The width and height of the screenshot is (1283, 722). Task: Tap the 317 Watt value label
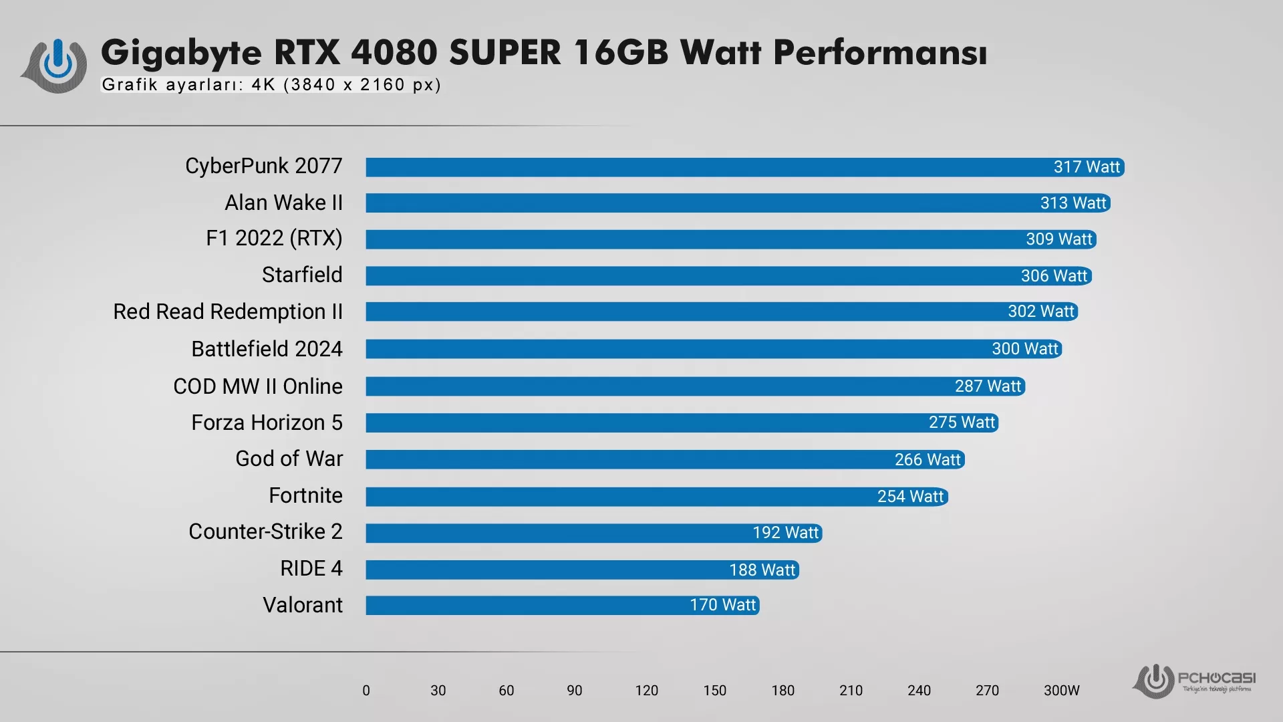[x=1087, y=167]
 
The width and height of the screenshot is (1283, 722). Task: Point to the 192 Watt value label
[x=785, y=533]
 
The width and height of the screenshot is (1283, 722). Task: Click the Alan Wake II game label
[x=283, y=203]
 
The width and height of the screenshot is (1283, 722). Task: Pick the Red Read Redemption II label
[x=228, y=312]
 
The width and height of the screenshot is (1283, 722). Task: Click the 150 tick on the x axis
[x=714, y=691]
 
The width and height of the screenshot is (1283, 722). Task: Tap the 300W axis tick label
[x=1061, y=691]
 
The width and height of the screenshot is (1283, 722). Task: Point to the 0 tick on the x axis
[x=366, y=691]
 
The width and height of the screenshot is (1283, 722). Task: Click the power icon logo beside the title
[x=56, y=66]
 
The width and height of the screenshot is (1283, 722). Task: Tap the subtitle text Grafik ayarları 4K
[x=271, y=85]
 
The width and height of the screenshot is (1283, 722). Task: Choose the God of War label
[x=289, y=459]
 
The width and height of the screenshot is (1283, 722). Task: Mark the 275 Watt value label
[x=962, y=423]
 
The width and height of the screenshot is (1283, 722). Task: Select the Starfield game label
[x=302, y=275]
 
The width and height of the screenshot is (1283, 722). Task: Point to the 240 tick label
[x=919, y=691]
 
